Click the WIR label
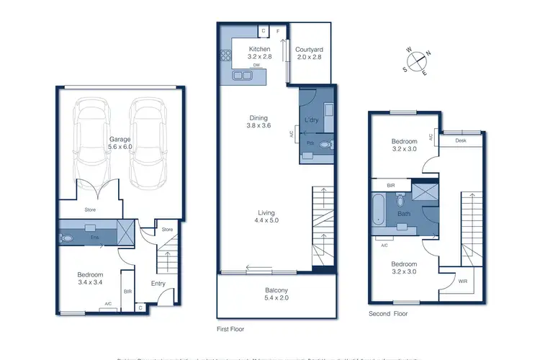[x=451, y=282]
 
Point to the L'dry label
[x=312, y=119]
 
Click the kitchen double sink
[x=243, y=75]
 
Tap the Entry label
[x=158, y=283]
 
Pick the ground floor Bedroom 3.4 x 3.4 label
[x=91, y=279]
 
